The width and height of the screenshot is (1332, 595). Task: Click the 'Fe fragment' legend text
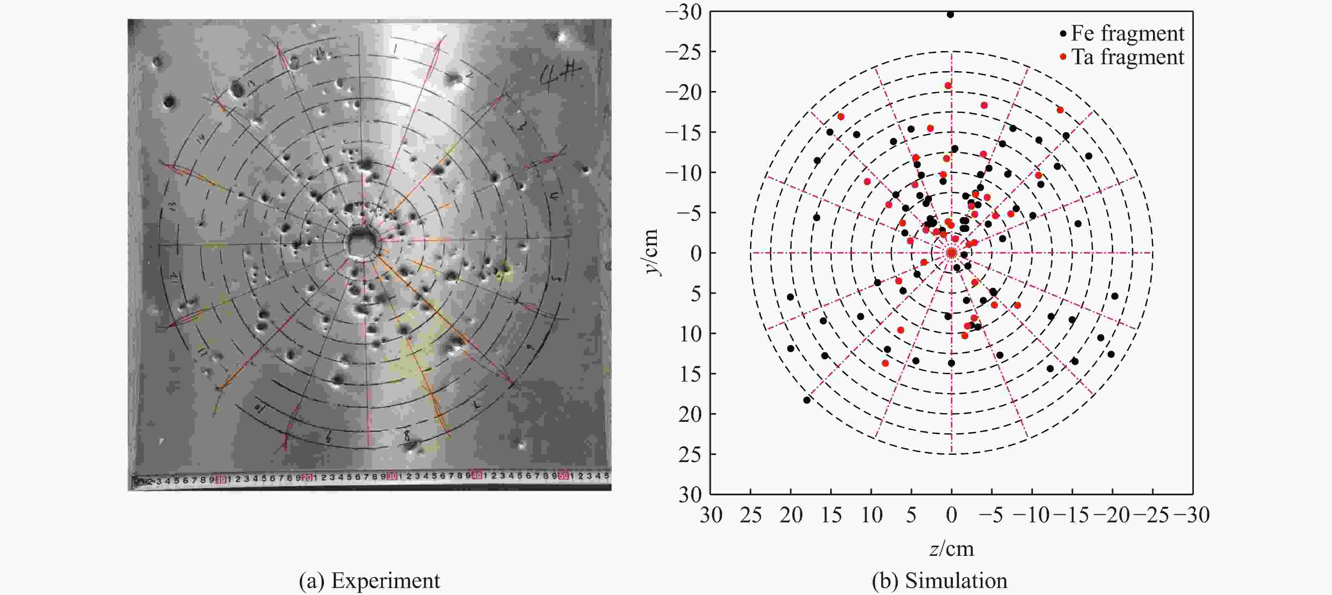1127,34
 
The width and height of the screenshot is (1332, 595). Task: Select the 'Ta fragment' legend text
1127,57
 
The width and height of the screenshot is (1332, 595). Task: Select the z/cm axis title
951,548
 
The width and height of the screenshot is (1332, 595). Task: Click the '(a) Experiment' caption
369,581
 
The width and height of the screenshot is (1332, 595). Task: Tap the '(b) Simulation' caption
939,581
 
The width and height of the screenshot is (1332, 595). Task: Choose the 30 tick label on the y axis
690,494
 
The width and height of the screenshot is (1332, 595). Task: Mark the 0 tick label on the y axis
696,253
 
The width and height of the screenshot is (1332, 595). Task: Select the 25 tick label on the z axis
751,515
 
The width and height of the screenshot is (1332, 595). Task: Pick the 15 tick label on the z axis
831,515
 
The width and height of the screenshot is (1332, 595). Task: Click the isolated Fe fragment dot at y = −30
950,14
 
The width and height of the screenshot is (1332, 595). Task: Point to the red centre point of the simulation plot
951,253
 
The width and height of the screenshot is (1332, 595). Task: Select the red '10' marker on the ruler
221,480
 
